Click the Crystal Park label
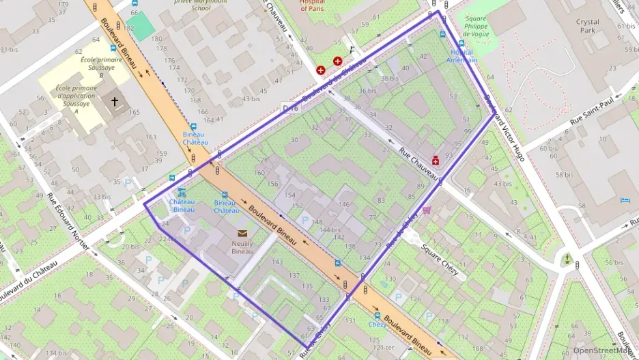click(587, 26)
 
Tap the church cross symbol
click(115, 102)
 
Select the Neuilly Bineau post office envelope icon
click(242, 234)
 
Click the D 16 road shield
click(291, 108)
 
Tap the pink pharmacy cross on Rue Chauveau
click(435, 161)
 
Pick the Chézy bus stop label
click(378, 324)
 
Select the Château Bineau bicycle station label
click(182, 206)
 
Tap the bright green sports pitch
click(141, 25)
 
